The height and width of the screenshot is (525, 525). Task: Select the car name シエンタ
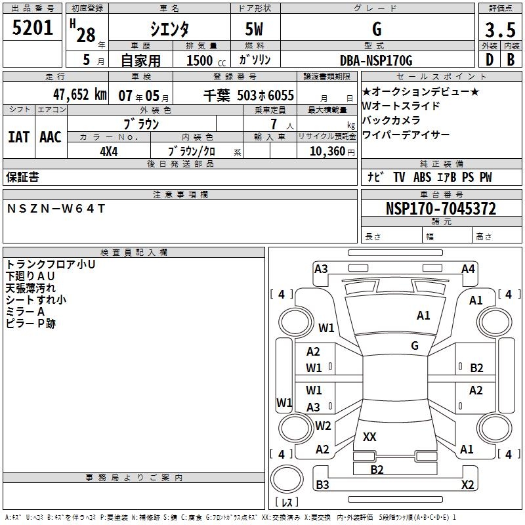[x=170, y=29]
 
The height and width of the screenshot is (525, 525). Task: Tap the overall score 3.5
[x=499, y=30]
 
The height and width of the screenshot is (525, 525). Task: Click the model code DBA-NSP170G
[x=376, y=61]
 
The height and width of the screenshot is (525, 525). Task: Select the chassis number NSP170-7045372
[x=441, y=209]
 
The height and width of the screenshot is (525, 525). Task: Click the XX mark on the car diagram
[x=369, y=436]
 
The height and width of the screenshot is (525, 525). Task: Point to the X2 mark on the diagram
[x=467, y=485]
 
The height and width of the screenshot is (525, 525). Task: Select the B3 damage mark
[x=322, y=485]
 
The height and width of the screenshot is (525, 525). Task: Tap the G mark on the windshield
[x=414, y=345]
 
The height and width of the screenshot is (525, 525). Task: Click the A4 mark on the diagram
[x=468, y=268]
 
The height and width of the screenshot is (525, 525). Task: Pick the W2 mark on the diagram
[x=323, y=425]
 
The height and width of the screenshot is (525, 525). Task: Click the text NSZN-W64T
[x=56, y=208]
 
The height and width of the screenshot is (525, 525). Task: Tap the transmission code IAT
[x=19, y=137]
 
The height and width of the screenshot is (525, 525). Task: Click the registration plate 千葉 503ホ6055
[x=249, y=95]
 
